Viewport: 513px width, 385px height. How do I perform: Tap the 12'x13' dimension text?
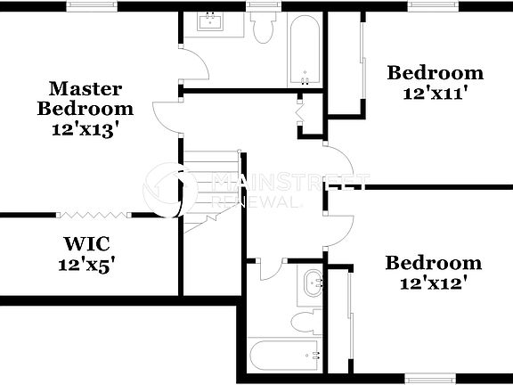85,128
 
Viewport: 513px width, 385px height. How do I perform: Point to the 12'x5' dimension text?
85,265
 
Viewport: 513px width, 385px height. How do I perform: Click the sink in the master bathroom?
211,21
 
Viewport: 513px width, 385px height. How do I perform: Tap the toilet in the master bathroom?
263,29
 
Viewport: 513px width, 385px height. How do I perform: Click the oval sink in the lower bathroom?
313,284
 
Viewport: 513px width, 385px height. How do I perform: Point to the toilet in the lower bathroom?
305,322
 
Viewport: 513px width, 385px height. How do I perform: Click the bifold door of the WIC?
94,215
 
